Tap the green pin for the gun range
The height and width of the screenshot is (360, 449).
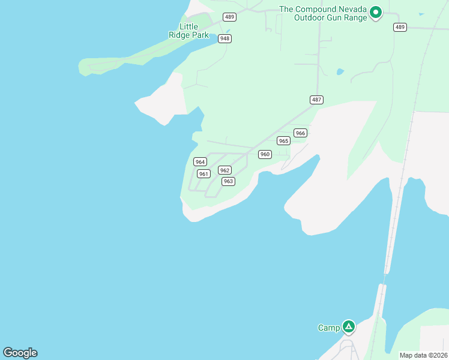point(376,12)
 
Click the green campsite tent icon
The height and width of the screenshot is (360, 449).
point(349,327)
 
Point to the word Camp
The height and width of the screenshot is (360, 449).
point(328,328)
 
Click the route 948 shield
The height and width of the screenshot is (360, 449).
point(225,38)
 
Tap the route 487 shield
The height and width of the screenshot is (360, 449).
point(317,100)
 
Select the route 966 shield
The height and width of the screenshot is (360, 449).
point(300,133)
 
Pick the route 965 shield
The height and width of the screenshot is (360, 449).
point(283,140)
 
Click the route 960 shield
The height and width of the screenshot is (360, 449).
point(265,154)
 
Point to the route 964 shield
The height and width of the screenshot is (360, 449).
point(200,162)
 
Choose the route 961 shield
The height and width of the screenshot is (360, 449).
point(203,174)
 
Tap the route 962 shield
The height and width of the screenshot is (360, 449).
point(224,170)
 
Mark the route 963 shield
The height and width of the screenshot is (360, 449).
point(228,181)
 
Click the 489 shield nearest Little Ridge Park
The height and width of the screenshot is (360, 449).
point(229,17)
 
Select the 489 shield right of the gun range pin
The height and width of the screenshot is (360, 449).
point(400,27)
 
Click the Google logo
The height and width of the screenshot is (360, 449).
point(20,353)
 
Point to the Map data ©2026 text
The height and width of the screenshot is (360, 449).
point(423,355)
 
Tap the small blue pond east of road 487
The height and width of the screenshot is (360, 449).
point(340,72)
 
